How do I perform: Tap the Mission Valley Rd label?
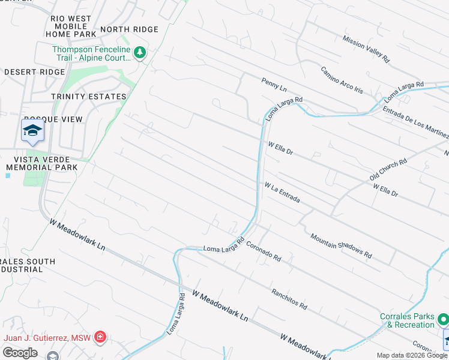pyautogui.click(x=366, y=49)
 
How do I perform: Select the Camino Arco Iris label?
pyautogui.click(x=342, y=80)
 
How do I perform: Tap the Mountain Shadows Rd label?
pyautogui.click(x=341, y=246)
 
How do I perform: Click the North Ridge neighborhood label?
pyautogui.click(x=129, y=29)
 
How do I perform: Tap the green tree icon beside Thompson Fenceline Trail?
pyautogui.click(x=140, y=53)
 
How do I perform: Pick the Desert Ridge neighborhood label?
pyautogui.click(x=34, y=72)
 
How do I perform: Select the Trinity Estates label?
pyautogui.click(x=88, y=97)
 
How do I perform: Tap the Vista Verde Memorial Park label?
pyautogui.click(x=42, y=163)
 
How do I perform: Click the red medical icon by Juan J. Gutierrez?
pyautogui.click(x=100, y=337)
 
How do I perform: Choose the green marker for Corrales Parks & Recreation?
pyautogui.click(x=443, y=319)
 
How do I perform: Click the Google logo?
pyautogui.click(x=20, y=353)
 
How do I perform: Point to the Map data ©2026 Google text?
pyautogui.click(x=412, y=355)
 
